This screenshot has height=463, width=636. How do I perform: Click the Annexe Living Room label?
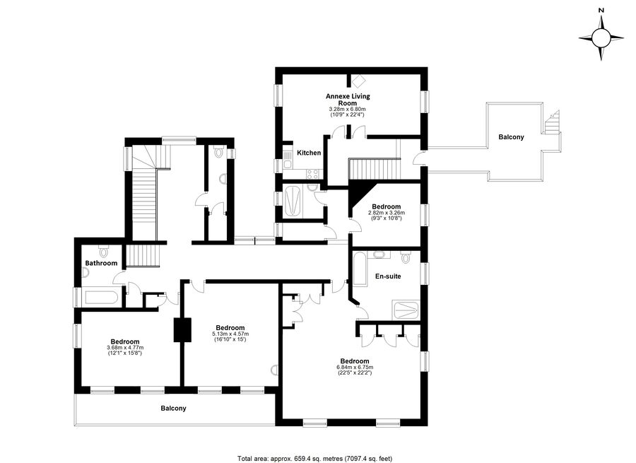click(x=348, y=100)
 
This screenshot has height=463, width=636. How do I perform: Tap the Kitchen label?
click(x=309, y=153)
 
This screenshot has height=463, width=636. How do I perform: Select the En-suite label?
click(x=388, y=276)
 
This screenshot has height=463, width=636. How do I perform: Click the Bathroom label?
click(x=101, y=263)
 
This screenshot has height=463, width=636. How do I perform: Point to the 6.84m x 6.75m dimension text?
click(x=355, y=368)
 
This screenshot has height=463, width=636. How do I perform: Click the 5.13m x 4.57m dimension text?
click(x=230, y=334)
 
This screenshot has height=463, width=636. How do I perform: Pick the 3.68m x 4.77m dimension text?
click(x=125, y=348)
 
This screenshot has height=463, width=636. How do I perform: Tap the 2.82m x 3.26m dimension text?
click(x=387, y=213)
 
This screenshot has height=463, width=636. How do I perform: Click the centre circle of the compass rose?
click(x=601, y=38)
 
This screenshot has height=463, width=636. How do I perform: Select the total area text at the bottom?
click(x=314, y=459)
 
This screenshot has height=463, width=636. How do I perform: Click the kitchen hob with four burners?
click(x=313, y=174)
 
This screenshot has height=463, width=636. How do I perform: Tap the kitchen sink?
click(x=288, y=159)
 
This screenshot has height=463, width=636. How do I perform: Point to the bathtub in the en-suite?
click(x=360, y=269)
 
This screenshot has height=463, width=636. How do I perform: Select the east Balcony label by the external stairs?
click(x=511, y=137)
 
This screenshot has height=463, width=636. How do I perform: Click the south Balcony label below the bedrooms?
click(x=173, y=409)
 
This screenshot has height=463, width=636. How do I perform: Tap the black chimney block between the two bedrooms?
click(x=182, y=330)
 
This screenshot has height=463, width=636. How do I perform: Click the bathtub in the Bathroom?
click(x=101, y=298)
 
